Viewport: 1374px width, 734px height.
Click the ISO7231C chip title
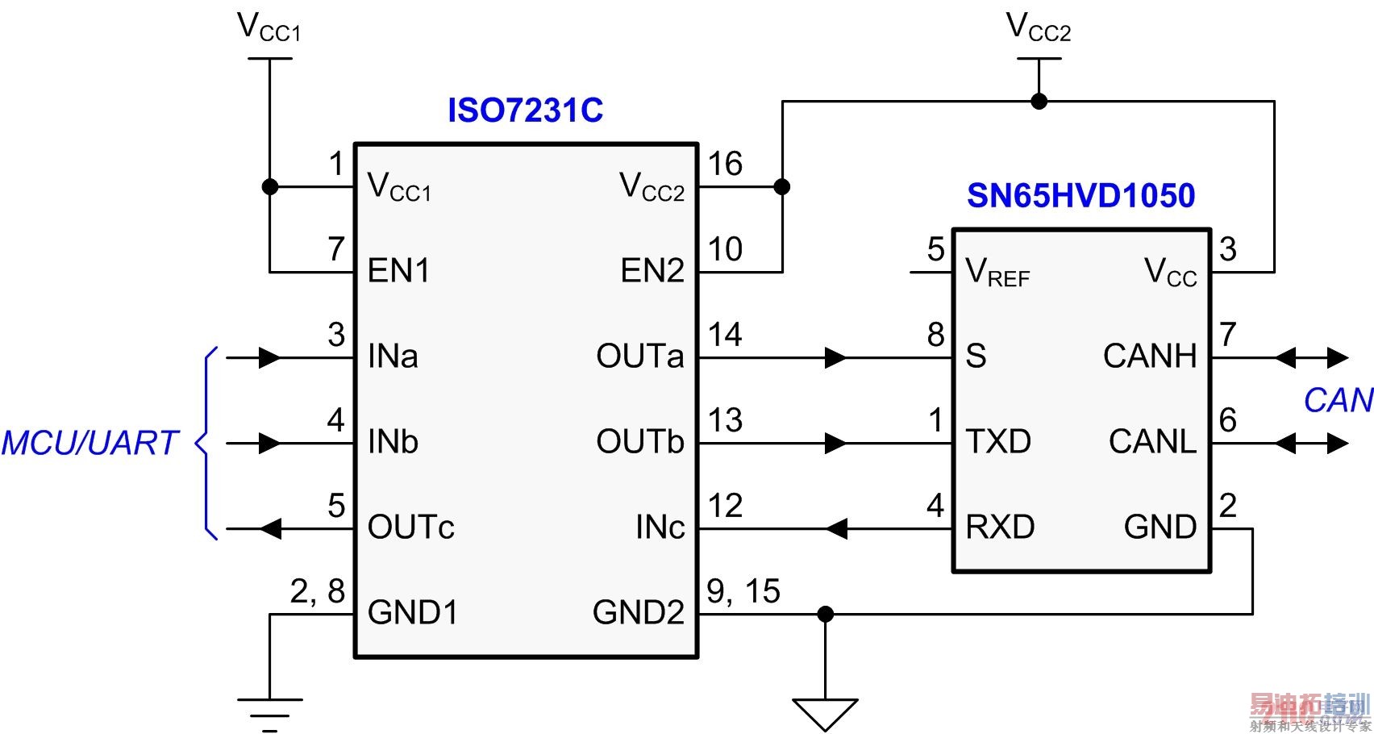pyautogui.click(x=525, y=111)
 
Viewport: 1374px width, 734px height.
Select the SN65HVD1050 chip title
pyautogui.click(x=1080, y=196)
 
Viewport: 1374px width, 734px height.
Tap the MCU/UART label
pyautogui.click(x=90, y=443)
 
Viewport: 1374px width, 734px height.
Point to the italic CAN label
pyautogui.click(x=1338, y=400)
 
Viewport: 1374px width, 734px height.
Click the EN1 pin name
pyautogui.click(x=398, y=271)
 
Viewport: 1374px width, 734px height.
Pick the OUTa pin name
pyautogui.click(x=639, y=357)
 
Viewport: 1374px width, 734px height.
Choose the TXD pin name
pyautogui.click(x=998, y=442)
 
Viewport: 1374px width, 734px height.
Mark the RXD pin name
pyautogui.click(x=1000, y=528)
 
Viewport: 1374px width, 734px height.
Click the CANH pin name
pyautogui.click(x=1150, y=357)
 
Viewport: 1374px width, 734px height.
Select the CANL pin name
pyautogui.click(x=1152, y=442)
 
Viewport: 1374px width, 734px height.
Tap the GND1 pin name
pyautogui.click(x=412, y=613)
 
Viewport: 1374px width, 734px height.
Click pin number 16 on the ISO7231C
pyautogui.click(x=725, y=165)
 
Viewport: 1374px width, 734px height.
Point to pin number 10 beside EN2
pyautogui.click(x=725, y=250)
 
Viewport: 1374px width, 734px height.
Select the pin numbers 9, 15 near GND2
pyautogui.click(x=743, y=592)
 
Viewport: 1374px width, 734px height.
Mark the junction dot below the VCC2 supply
pyautogui.click(x=1039, y=102)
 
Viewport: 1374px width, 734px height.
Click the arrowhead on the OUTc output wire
pyautogui.click(x=270, y=529)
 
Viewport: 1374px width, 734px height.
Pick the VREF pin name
pyautogui.click(x=997, y=273)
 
